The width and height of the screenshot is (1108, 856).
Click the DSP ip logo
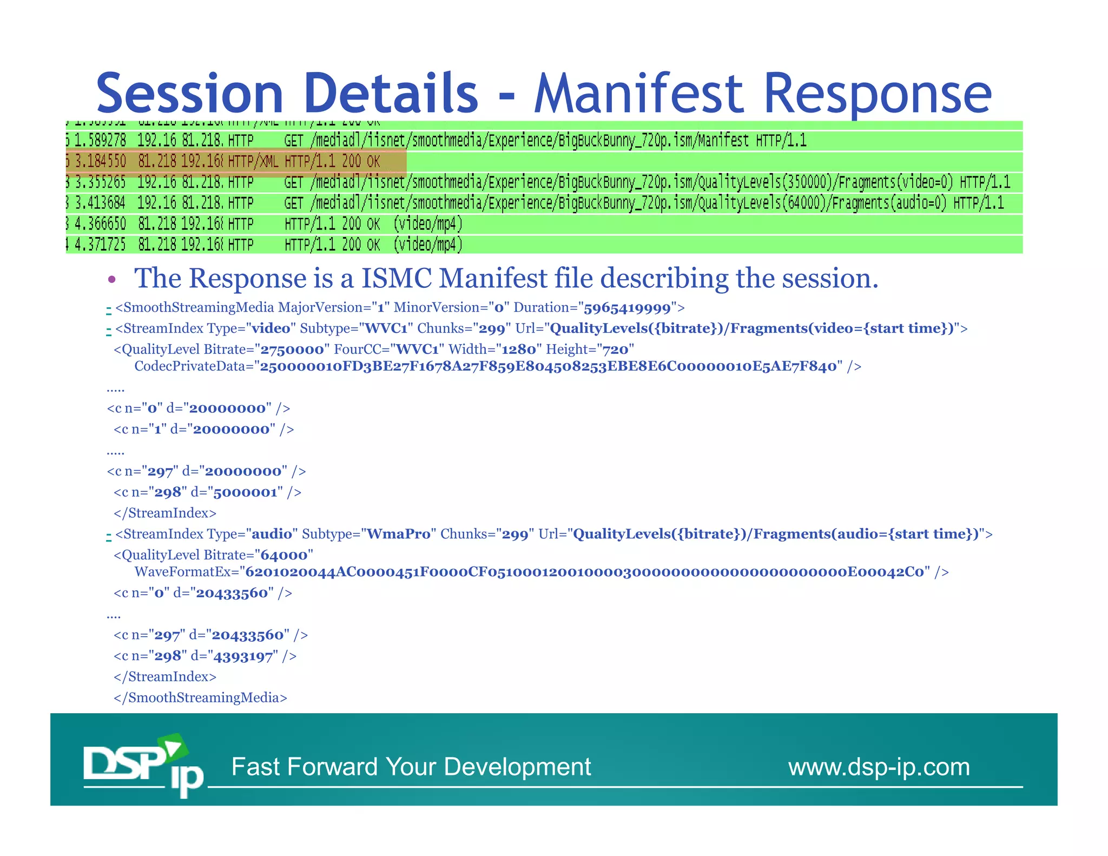point(143,765)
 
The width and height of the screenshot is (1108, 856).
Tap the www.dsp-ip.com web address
point(879,767)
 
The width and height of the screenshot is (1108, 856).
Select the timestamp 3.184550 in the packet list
point(100,161)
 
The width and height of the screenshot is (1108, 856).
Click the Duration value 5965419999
point(626,308)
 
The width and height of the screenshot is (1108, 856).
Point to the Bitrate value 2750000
point(292,350)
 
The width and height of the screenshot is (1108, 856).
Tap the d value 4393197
point(243,656)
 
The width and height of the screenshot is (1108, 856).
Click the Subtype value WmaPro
point(398,534)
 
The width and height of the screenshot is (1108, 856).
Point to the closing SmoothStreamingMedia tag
point(200,697)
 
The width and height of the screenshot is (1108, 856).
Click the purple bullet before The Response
point(112,279)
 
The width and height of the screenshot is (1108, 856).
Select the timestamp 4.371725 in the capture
point(100,245)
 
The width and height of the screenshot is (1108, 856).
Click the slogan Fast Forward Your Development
point(411,767)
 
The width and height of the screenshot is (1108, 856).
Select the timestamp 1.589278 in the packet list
point(100,141)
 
